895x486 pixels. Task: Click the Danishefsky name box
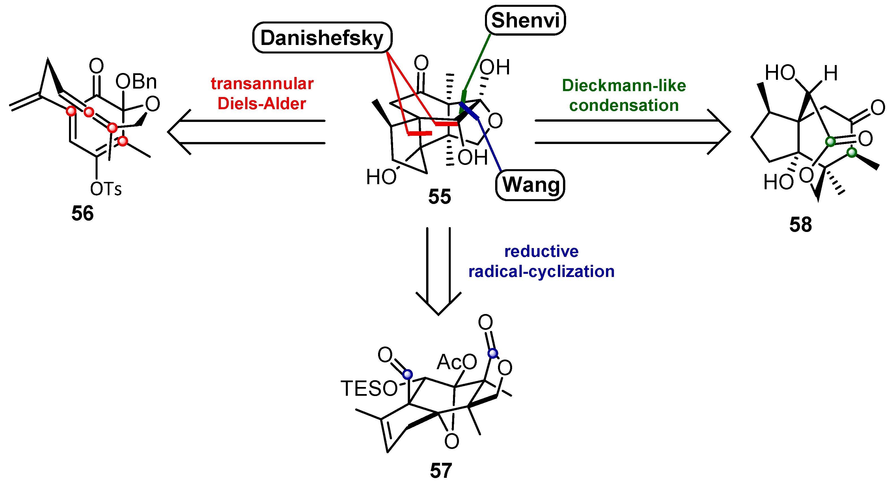[x=322, y=38]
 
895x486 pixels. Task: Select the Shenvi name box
[x=525, y=20]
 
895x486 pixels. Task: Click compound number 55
[x=439, y=197]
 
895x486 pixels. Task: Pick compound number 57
[x=441, y=471]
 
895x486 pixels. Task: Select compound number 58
[x=800, y=225]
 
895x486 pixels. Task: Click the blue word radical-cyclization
[x=541, y=272]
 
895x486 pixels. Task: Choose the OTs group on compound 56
[x=106, y=190]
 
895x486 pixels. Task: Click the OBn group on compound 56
[x=136, y=82]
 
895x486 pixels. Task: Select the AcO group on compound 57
[x=456, y=362]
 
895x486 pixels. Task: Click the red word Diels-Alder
[x=262, y=104]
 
